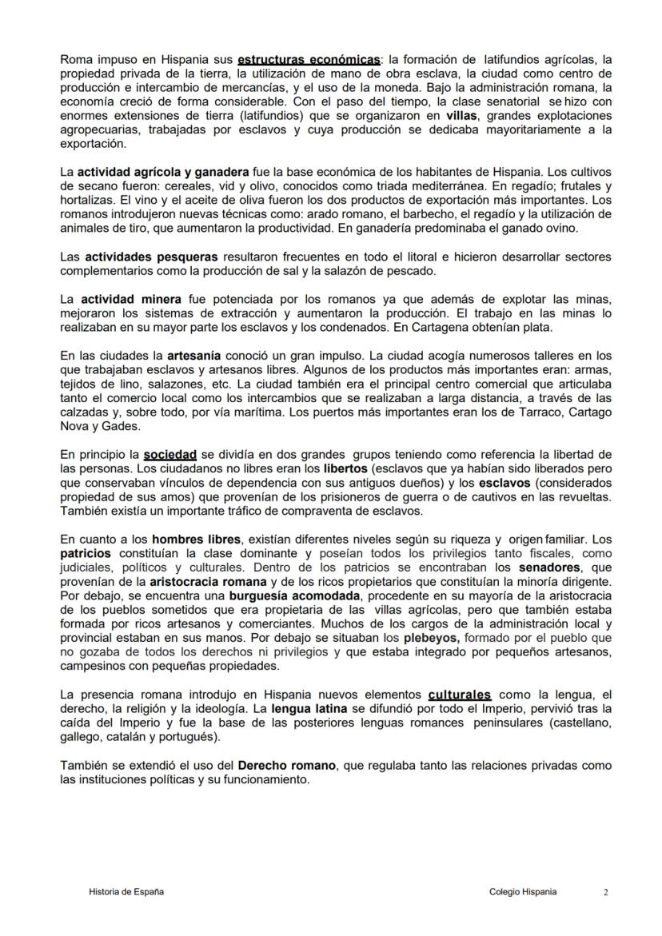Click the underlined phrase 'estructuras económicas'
[x=309, y=60]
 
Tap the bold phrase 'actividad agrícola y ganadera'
[x=163, y=172]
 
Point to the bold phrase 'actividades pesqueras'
[x=151, y=257]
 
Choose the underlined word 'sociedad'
[x=169, y=454]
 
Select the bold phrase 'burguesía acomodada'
[x=283, y=595]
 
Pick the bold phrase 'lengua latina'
[x=307, y=708]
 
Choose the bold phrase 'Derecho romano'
[x=292, y=765]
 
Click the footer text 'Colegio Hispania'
[x=523, y=892]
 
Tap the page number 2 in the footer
[x=605, y=893]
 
